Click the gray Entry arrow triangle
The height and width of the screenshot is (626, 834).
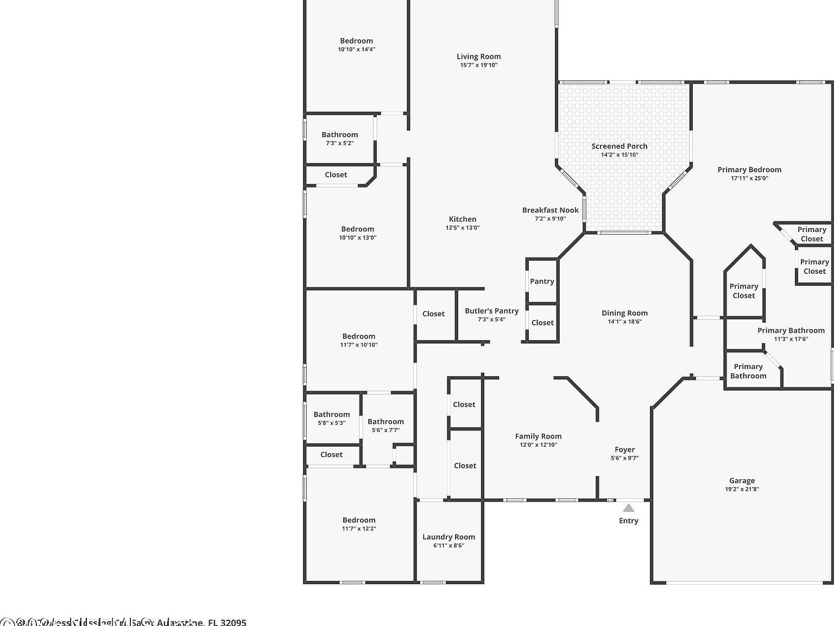pyautogui.click(x=628, y=508)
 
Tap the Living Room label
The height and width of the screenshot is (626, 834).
pyautogui.click(x=478, y=57)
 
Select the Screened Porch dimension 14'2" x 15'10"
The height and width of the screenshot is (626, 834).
pyautogui.click(x=619, y=155)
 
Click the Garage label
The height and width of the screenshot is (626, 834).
pyautogui.click(x=742, y=480)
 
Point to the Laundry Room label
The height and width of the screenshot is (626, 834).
pyautogui.click(x=448, y=537)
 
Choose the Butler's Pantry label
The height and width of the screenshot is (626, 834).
pyautogui.click(x=491, y=311)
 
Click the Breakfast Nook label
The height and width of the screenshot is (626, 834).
pyautogui.click(x=550, y=210)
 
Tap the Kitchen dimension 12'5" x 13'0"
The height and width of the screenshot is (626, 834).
pyautogui.click(x=463, y=228)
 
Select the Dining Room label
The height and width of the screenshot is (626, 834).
pyautogui.click(x=624, y=313)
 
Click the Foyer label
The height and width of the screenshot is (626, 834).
pyautogui.click(x=624, y=449)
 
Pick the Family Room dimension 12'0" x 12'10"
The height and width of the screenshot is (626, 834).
pyautogui.click(x=538, y=445)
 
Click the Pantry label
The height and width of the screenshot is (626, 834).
pyautogui.click(x=542, y=281)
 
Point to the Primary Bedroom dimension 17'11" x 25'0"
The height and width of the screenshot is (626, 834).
pyautogui.click(x=749, y=178)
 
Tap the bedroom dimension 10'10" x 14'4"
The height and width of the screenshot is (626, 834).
pyautogui.click(x=356, y=49)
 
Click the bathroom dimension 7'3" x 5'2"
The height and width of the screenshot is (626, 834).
pyautogui.click(x=339, y=143)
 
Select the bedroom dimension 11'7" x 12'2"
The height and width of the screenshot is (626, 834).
pyautogui.click(x=358, y=529)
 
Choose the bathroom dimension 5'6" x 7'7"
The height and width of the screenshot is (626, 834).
pyautogui.click(x=386, y=430)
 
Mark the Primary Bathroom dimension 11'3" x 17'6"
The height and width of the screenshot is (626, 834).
pyautogui.click(x=791, y=339)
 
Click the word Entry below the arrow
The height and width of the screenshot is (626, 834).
pyautogui.click(x=628, y=521)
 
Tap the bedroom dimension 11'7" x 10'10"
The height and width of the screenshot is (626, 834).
pyautogui.click(x=358, y=345)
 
